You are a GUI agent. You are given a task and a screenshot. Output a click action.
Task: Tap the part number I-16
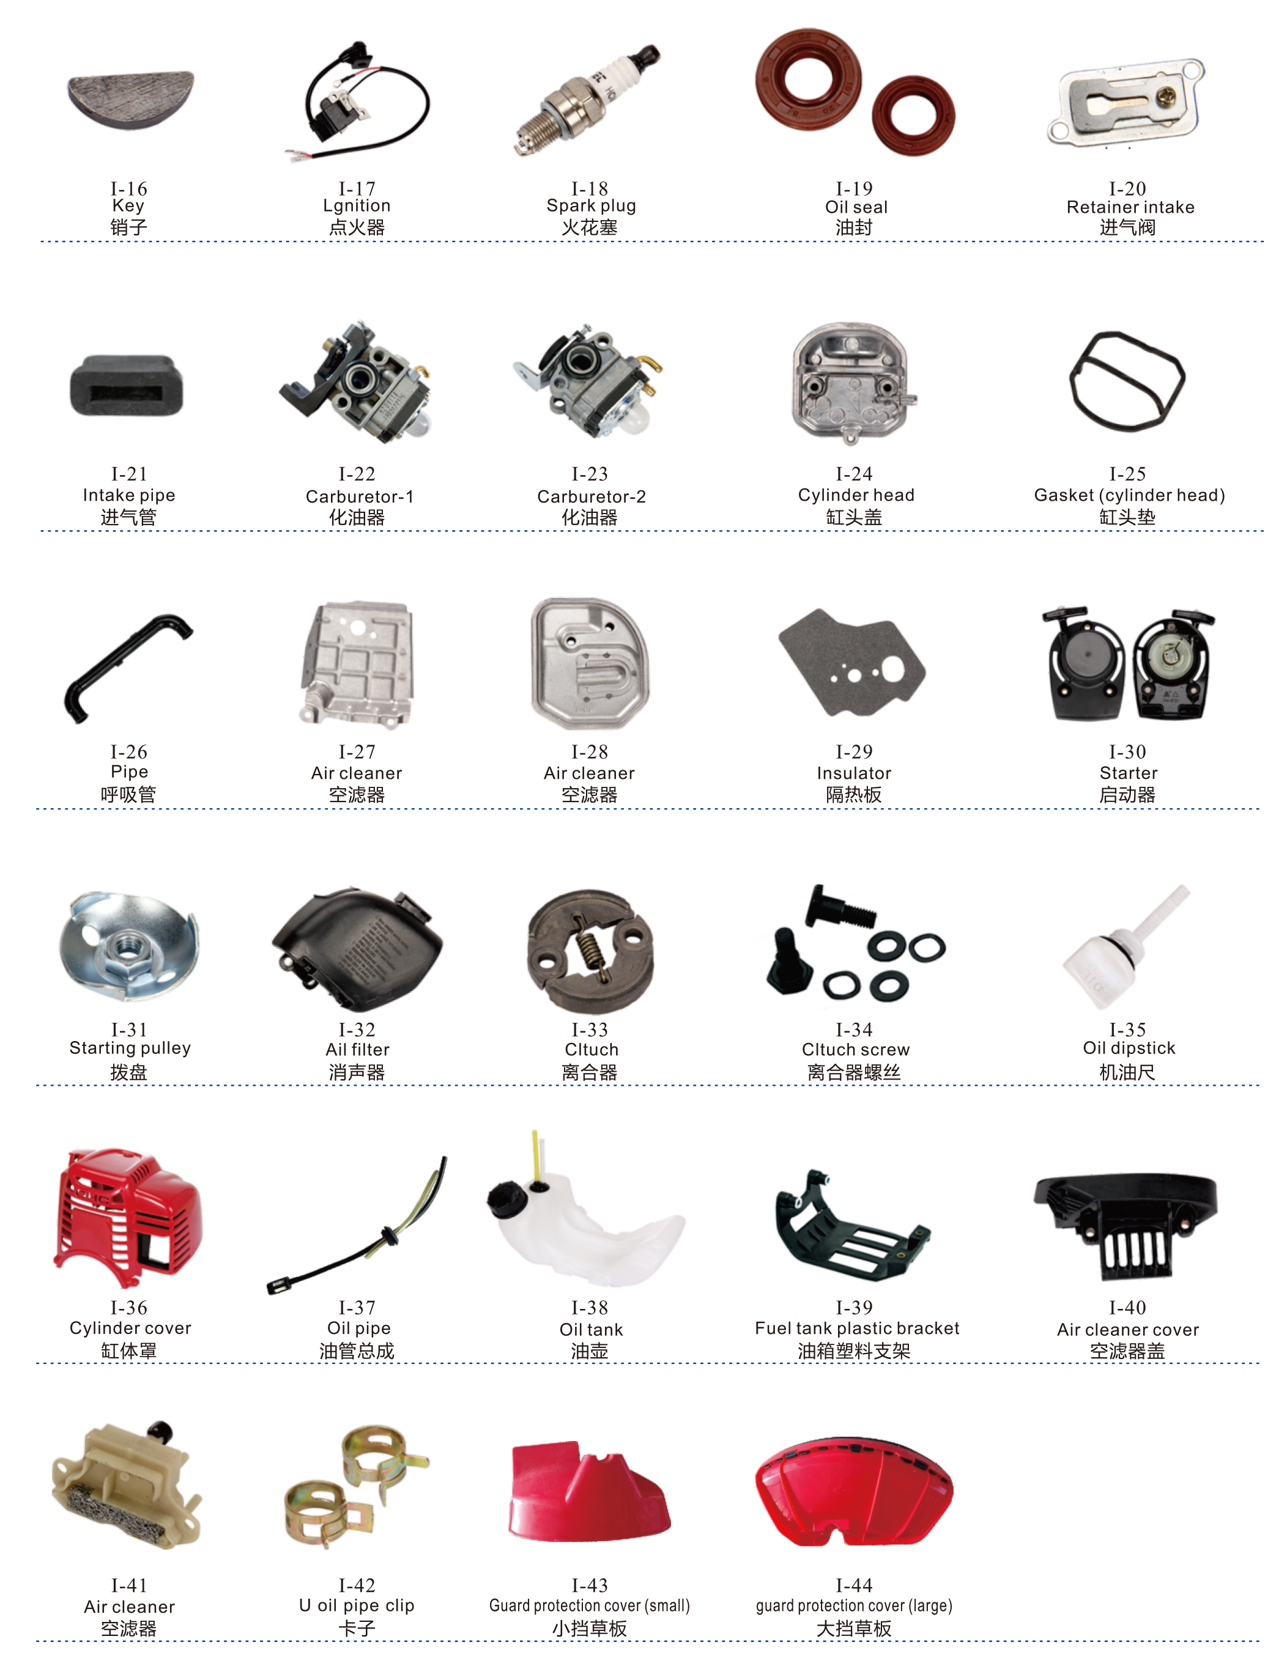(x=128, y=188)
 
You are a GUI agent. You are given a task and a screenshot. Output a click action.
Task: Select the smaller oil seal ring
(x=913, y=115)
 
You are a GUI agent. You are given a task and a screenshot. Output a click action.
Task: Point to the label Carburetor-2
(x=592, y=496)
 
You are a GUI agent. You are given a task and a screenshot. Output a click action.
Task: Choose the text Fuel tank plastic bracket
(x=856, y=1328)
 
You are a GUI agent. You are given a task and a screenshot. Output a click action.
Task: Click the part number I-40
(x=1128, y=1307)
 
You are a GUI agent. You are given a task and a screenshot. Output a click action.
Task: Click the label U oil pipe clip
(x=357, y=1605)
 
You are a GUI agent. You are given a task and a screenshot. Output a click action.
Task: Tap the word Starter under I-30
(x=1129, y=773)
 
